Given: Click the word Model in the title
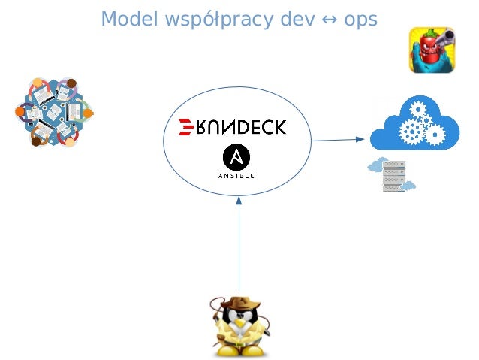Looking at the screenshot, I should [x=125, y=18].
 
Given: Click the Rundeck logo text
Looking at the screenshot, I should [x=238, y=127].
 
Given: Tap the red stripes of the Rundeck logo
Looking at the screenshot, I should [x=181, y=127].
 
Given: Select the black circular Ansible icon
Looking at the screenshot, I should [x=236, y=156].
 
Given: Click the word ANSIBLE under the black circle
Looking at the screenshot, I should [x=236, y=175].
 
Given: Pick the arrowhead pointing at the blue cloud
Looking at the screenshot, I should [x=360, y=139].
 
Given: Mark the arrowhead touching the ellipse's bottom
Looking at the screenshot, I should [x=239, y=199].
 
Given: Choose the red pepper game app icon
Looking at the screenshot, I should [x=432, y=50].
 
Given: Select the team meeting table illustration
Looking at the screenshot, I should [x=53, y=112].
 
